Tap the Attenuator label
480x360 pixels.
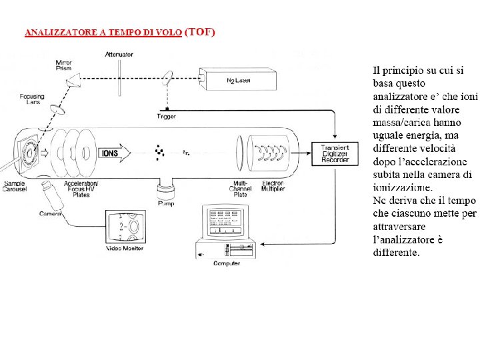pos(119,54)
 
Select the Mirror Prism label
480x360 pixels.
pos(63,66)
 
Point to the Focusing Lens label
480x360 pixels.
pos(30,99)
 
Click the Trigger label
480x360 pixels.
pos(166,117)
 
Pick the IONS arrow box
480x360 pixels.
pos(111,153)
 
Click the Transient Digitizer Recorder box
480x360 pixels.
pos(335,154)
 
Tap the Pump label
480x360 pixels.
pos(166,203)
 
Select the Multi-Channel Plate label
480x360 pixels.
pos(239,189)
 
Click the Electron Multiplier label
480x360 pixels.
pos(273,186)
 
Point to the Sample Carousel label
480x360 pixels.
pos(15,186)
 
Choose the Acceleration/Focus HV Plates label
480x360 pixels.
pos(81,189)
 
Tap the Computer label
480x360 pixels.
pos(227,263)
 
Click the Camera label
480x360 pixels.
pos(50,213)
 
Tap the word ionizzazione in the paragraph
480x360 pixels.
pos(403,187)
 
